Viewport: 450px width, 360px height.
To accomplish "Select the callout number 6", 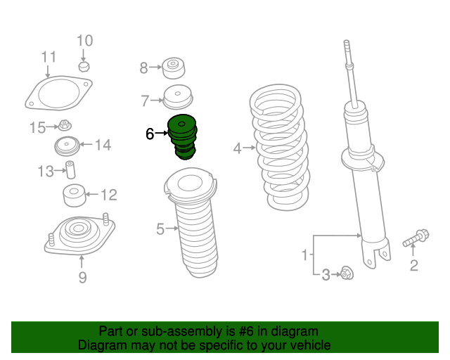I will (x=150, y=134).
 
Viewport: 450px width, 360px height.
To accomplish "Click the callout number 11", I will (x=48, y=57).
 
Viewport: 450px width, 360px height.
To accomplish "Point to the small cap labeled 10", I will (x=84, y=66).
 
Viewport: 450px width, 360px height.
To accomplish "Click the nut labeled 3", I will (x=346, y=274).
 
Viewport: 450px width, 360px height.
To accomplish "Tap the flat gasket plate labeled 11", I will (x=59, y=94).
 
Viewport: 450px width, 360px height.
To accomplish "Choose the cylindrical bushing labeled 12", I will (x=74, y=195).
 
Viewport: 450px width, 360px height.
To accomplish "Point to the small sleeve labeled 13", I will (x=70, y=170).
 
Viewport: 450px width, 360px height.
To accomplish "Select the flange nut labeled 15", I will (x=64, y=127).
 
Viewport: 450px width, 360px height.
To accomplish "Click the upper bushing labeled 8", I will (x=173, y=68).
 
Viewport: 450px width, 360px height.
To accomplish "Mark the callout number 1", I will (x=304, y=255).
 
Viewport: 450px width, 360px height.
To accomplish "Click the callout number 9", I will (x=82, y=278).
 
